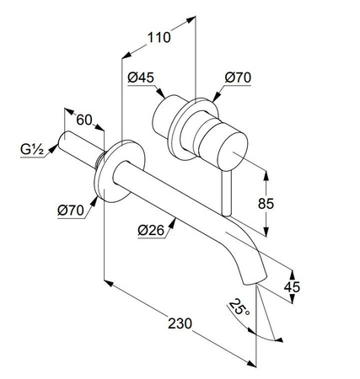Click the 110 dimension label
pos(159,37)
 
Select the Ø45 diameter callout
pos(141,77)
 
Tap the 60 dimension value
pos(84,120)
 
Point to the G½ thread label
pos(32,150)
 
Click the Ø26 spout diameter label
pos(151,231)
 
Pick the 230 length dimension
pos(180,323)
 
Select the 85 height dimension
pos(266,204)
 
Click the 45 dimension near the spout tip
pos(292,287)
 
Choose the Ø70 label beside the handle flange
pos(238,77)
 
